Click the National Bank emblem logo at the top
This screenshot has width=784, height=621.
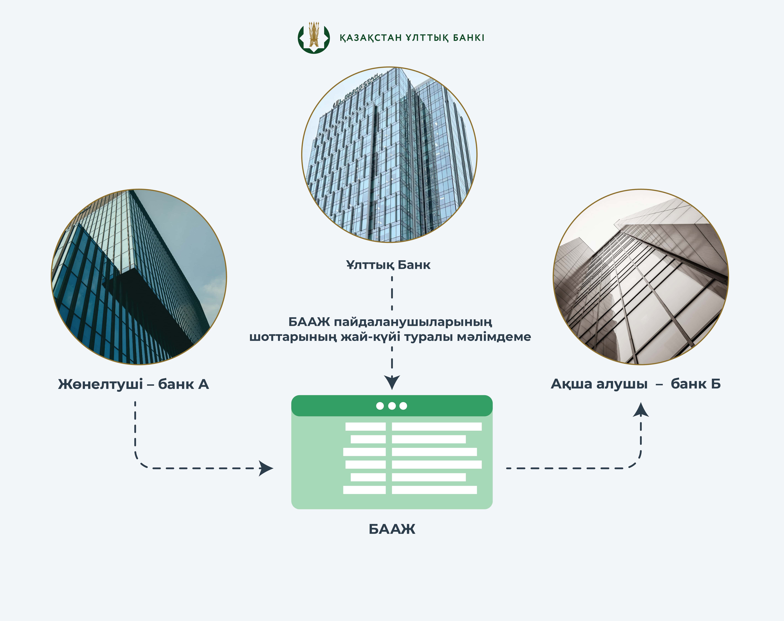pyautogui.click(x=313, y=38)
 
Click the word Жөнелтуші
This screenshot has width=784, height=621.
pyautogui.click(x=100, y=384)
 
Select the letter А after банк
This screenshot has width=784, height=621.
pyautogui.click(x=203, y=384)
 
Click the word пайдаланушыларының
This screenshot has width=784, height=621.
pyautogui.click(x=413, y=322)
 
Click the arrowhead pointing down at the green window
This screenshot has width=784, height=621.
pyautogui.click(x=392, y=383)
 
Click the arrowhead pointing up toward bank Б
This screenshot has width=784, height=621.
pyautogui.click(x=641, y=410)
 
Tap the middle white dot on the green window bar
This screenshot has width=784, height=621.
pyautogui.click(x=392, y=406)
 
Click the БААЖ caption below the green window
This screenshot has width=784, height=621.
pyautogui.click(x=392, y=529)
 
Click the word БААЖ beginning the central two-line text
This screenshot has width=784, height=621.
pyautogui.click(x=309, y=322)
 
